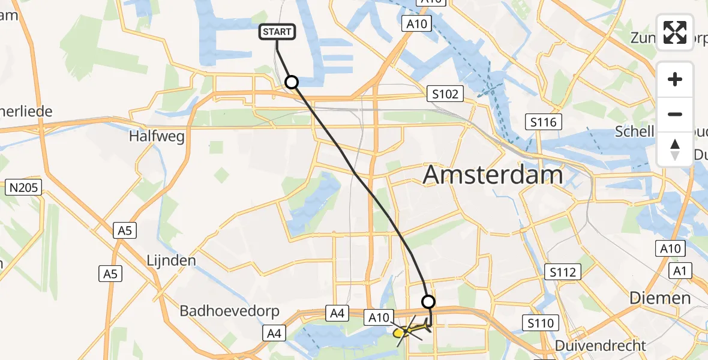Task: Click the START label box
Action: [x=277, y=32]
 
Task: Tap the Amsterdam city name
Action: [x=493, y=175]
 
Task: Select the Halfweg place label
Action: [x=157, y=136]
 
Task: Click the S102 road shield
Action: [x=445, y=94]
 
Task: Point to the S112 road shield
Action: [x=562, y=272]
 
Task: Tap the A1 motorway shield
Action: [x=680, y=271]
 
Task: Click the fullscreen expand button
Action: [x=675, y=32]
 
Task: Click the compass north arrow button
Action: [x=675, y=149]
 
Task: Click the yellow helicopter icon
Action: [x=410, y=329]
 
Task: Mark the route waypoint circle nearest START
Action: [x=292, y=82]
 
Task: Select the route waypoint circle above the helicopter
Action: [x=428, y=302]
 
